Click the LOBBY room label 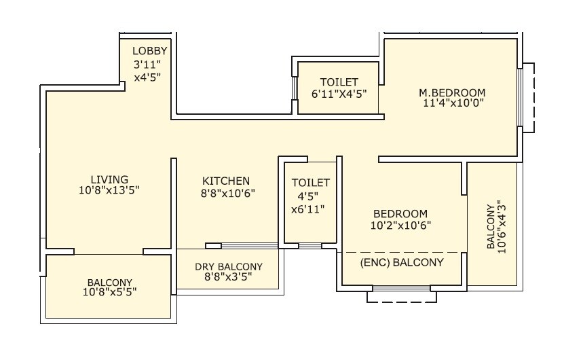(x=149, y=51)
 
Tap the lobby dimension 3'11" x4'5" (x=147, y=71)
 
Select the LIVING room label (x=110, y=179)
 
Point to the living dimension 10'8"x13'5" (x=110, y=191)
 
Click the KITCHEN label (x=226, y=181)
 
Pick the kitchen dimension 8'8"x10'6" (x=226, y=194)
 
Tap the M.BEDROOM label (x=452, y=92)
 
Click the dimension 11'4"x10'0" (x=452, y=104)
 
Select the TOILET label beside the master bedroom (x=339, y=82)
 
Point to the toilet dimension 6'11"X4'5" (x=339, y=94)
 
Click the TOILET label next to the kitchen (x=311, y=183)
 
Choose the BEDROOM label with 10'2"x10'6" (x=400, y=213)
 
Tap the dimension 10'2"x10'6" (x=400, y=225)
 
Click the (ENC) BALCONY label (x=402, y=262)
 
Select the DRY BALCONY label (x=229, y=267)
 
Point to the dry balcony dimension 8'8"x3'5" (x=229, y=278)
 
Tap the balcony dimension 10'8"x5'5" (x=109, y=293)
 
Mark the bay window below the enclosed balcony (x=402, y=295)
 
